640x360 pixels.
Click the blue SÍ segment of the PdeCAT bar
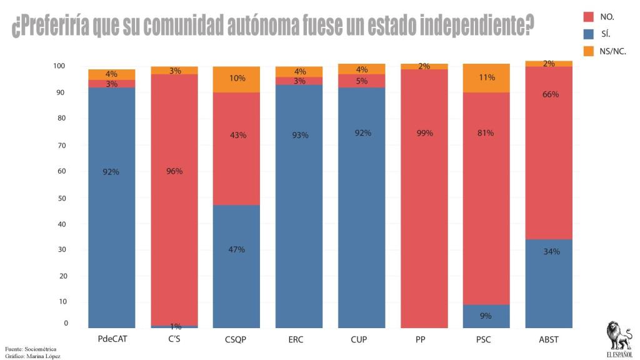pyautogui.click(x=111, y=206)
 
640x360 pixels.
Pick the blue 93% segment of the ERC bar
pyautogui.click(x=299, y=206)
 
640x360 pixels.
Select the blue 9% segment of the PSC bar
pyautogui.click(x=486, y=316)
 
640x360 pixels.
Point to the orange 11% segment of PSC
pyautogui.click(x=486, y=78)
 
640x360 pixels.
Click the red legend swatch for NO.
pyautogui.click(x=588, y=17)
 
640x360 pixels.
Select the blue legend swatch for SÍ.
pyautogui.click(x=588, y=34)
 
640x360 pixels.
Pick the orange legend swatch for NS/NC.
pyautogui.click(x=588, y=51)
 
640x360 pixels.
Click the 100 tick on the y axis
pyautogui.click(x=59, y=66)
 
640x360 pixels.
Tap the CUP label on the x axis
pyautogui.click(x=359, y=339)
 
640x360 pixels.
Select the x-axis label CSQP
pyautogui.click(x=235, y=339)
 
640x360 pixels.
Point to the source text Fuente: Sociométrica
pyautogui.click(x=31, y=348)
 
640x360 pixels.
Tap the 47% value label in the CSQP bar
pyautogui.click(x=236, y=249)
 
